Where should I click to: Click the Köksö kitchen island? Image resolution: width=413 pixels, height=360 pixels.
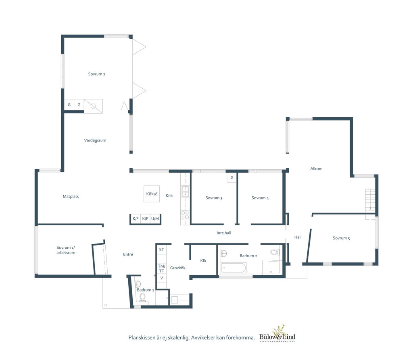click(152, 194)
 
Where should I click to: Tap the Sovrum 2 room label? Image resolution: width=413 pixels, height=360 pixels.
click(97, 74)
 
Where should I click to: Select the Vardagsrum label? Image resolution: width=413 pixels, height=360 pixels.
click(95, 140)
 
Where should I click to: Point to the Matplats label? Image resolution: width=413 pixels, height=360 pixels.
click(71, 196)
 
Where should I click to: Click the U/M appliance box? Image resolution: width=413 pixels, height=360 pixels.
click(155, 219)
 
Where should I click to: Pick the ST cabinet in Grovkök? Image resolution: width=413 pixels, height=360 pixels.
click(161, 250)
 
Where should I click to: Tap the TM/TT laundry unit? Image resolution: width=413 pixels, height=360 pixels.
click(161, 268)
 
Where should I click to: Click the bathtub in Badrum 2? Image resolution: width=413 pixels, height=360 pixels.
click(234, 268)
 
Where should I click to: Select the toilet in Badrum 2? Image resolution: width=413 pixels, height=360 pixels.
click(275, 252)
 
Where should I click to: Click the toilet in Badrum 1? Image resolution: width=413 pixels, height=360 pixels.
click(142, 297)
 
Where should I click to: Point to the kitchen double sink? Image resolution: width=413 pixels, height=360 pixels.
click(185, 192)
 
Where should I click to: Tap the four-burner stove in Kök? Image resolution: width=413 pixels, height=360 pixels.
click(185, 215)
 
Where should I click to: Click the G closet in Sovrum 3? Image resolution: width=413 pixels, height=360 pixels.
click(232, 178)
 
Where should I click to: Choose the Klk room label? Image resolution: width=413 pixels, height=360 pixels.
click(203, 261)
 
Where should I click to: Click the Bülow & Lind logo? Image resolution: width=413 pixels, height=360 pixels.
click(277, 334)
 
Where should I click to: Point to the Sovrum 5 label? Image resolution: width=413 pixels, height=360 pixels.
click(341, 238)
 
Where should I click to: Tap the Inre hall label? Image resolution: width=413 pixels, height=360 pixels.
click(224, 233)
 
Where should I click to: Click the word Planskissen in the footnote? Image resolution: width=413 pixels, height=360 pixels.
click(142, 337)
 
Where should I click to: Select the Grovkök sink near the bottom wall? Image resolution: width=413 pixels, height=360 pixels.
click(175, 300)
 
